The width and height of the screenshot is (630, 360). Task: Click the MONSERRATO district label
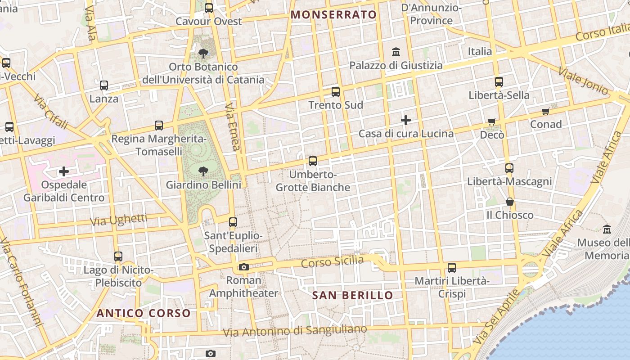(x=333, y=15)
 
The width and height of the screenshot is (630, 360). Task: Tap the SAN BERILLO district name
(x=352, y=296)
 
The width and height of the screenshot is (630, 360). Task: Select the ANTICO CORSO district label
(x=144, y=313)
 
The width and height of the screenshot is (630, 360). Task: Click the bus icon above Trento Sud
(x=336, y=92)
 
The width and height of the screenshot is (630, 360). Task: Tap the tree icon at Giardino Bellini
(x=203, y=171)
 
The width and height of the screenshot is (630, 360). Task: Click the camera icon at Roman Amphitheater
(x=244, y=267)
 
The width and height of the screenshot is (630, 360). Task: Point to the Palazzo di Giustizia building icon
(x=396, y=52)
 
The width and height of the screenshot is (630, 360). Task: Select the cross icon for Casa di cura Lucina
(x=406, y=120)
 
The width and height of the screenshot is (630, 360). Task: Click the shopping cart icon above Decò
(x=492, y=121)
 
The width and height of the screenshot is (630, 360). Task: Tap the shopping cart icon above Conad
(x=546, y=111)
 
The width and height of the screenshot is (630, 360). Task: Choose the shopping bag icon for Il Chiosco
(x=510, y=201)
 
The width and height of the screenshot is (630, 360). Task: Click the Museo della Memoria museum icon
(x=607, y=229)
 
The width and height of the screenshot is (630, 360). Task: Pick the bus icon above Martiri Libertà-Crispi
(x=452, y=268)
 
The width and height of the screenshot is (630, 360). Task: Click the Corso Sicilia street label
(x=332, y=261)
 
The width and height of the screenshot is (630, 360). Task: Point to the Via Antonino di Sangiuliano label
(x=295, y=331)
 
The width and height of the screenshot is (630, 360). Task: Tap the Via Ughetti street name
(x=119, y=220)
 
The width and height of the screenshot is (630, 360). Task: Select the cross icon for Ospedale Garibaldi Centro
(x=64, y=171)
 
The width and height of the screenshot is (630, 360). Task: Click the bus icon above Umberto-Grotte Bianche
(x=313, y=161)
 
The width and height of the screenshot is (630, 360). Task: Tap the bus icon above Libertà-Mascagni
(x=509, y=168)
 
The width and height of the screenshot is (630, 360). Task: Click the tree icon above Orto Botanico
(x=203, y=54)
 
